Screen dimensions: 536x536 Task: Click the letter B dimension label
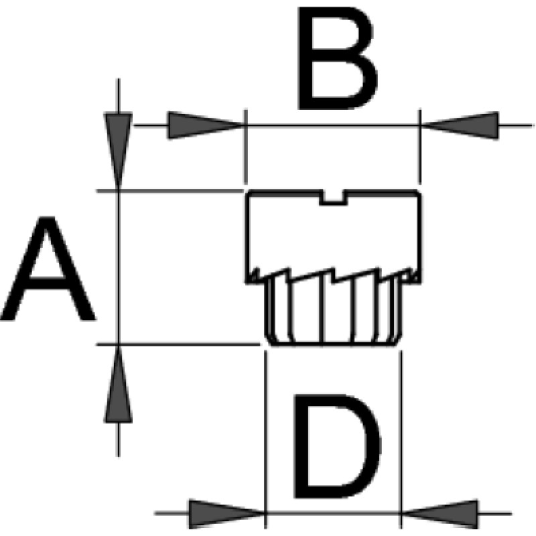pos(337,58)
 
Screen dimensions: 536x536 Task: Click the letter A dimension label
pos(48,269)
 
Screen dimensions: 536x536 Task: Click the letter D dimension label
pos(337,446)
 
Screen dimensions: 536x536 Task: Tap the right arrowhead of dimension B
pos(460,125)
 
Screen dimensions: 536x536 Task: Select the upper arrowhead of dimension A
pos(119,151)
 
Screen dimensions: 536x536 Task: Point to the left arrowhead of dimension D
pos(227,513)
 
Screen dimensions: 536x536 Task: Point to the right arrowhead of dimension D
pos(440,513)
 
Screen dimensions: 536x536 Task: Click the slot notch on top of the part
pos(333,198)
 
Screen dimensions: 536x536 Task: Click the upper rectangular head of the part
pos(334,237)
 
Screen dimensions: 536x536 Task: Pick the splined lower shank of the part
pos(333,311)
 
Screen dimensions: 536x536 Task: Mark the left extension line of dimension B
pos(245,147)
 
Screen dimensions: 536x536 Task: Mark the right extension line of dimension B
pos(421,147)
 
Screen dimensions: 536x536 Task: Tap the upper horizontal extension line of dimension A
pos(170,190)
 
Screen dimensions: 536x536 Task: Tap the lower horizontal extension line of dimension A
pos(178,344)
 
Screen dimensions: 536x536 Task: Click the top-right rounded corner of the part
pos(418,193)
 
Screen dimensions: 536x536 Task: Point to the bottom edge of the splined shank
pos(333,345)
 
